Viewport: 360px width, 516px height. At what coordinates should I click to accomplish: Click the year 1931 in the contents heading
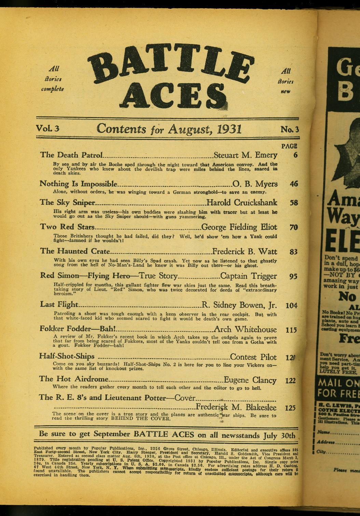click(x=229, y=129)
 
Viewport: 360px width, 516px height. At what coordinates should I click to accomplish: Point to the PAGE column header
click(x=289, y=146)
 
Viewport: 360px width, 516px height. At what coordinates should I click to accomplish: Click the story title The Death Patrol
click(x=71, y=155)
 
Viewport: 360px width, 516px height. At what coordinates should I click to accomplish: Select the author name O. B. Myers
click(x=255, y=184)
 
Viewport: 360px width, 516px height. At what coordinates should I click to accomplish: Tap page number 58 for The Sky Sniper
click(x=293, y=203)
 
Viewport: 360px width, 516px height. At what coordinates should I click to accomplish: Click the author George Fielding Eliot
click(x=239, y=227)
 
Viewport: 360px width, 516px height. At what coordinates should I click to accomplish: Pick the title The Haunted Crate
click(x=75, y=251)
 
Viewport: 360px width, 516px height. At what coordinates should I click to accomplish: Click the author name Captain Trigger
click(x=248, y=276)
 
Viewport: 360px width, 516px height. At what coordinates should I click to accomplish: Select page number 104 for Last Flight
click(x=292, y=305)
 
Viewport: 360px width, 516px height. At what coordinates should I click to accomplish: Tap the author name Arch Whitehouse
click(x=245, y=330)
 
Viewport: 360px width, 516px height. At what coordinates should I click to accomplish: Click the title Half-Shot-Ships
click(x=67, y=356)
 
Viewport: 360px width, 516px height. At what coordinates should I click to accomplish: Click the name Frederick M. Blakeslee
click(x=236, y=407)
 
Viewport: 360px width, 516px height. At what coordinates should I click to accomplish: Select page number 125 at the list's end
click(x=290, y=407)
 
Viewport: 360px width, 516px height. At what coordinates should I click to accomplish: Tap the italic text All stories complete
click(x=52, y=79)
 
